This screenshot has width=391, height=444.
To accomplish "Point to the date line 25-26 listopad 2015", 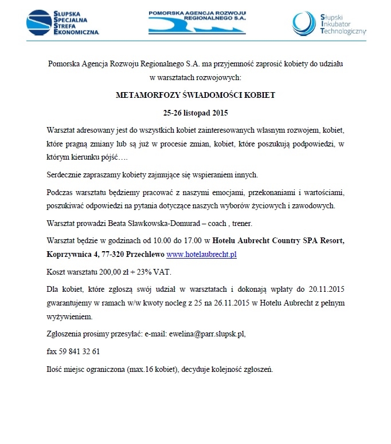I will coord(195,112).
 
